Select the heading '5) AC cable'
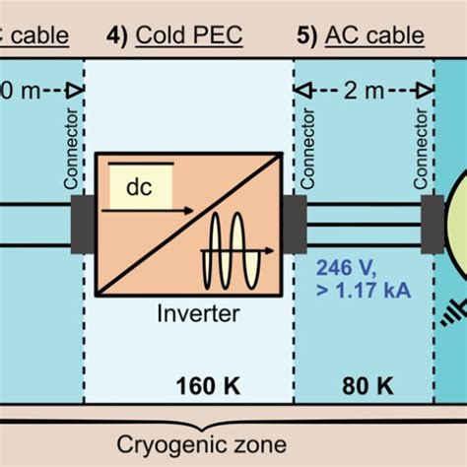pos(360,36)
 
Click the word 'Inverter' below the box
pos(196,289)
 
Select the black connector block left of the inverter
pos(84,224)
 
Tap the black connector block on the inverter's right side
pos(294,224)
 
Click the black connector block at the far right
pos(432,224)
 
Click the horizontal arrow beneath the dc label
pos(148,210)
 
